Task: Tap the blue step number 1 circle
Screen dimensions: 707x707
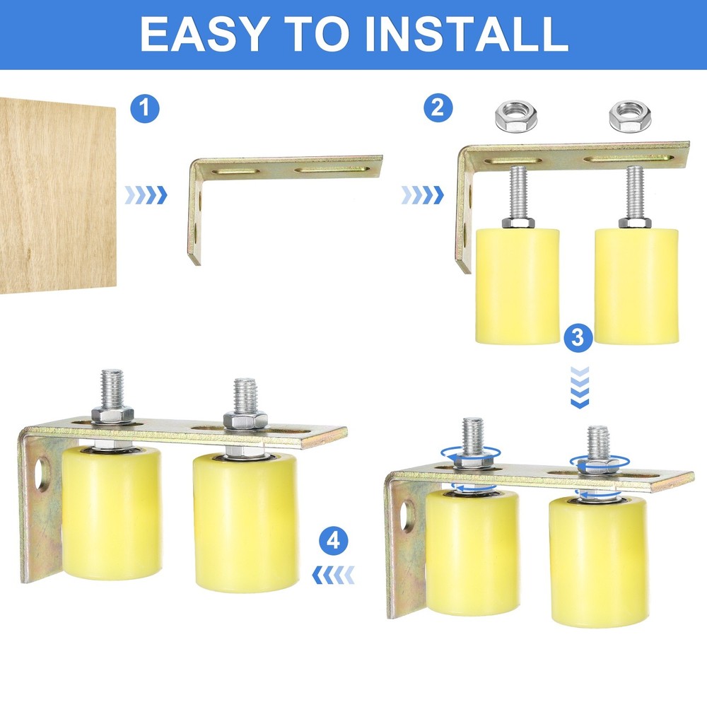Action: click(x=145, y=109)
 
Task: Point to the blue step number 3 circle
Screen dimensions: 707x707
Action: click(x=578, y=338)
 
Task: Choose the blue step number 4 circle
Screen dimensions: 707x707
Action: click(x=333, y=542)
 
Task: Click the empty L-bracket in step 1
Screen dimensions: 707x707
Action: click(x=283, y=170)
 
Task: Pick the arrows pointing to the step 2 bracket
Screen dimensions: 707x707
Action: click(x=422, y=194)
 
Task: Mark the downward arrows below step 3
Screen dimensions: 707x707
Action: click(x=579, y=388)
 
